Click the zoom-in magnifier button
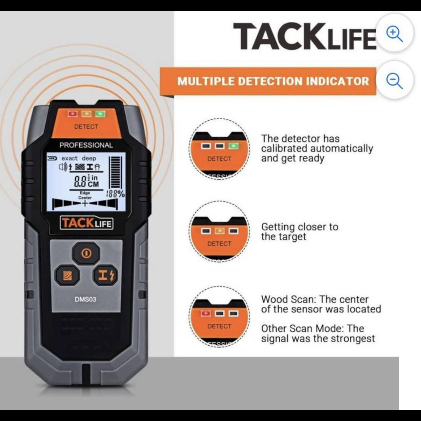click(x=395, y=33)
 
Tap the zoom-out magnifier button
click(x=395, y=80)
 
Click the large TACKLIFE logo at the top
click(x=305, y=36)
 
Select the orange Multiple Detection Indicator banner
click(x=268, y=81)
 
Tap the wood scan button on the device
click(x=68, y=275)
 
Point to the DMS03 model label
click(x=86, y=299)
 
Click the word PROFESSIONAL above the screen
click(x=86, y=145)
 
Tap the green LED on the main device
click(x=100, y=114)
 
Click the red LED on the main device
click(x=73, y=114)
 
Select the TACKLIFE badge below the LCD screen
click(x=87, y=223)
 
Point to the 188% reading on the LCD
click(x=115, y=193)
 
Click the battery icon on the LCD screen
click(x=52, y=158)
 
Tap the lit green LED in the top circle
click(x=233, y=146)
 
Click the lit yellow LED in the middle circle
click(x=220, y=231)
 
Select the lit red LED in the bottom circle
click(x=206, y=313)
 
